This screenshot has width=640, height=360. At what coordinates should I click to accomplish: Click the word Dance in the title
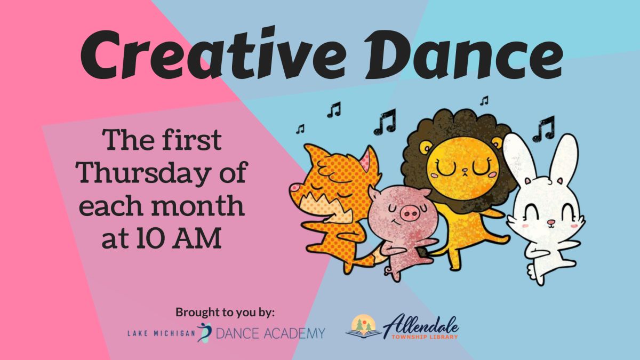click(x=469, y=53)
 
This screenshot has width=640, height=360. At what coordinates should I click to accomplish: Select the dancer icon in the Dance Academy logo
click(x=204, y=332)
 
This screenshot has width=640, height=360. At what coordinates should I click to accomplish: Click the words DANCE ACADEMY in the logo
click(x=270, y=333)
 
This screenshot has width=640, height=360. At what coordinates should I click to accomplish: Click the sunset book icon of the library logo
click(x=363, y=326)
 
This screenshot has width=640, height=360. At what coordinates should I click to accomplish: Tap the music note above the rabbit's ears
click(x=543, y=129)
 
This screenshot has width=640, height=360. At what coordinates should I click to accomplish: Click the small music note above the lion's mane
click(x=484, y=100)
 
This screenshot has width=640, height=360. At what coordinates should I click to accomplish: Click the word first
click(x=193, y=141)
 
